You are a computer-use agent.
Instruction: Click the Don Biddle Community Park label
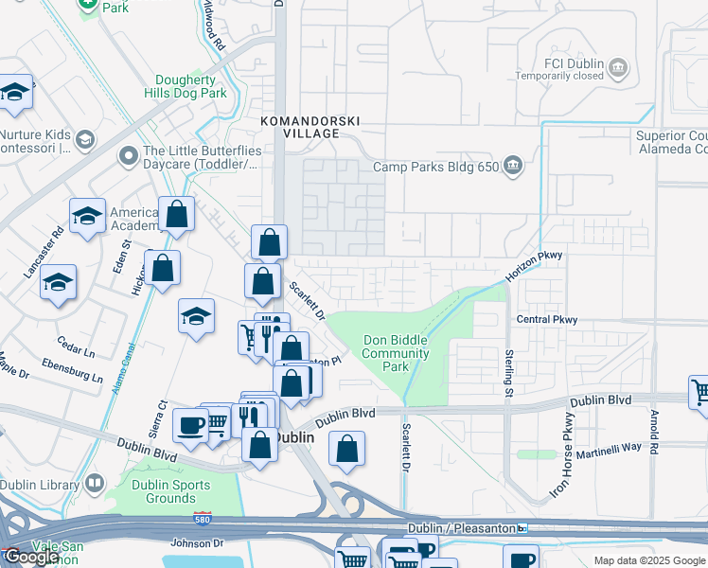(397, 353)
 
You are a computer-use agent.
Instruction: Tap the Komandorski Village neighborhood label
(299, 127)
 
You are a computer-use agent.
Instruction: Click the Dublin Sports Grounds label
(157, 491)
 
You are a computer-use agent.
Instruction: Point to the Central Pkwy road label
(546, 320)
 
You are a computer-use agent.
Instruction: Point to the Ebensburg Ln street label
(72, 370)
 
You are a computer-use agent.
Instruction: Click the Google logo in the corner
(32, 557)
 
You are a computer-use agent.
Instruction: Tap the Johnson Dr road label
(197, 543)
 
